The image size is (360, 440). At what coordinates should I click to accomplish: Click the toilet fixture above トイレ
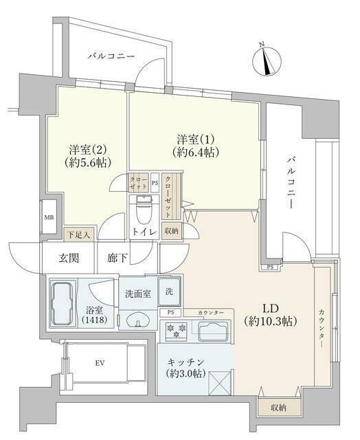[144, 205]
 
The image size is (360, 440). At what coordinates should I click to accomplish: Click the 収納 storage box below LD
[278, 407]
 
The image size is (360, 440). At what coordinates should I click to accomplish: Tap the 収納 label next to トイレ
[170, 231]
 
